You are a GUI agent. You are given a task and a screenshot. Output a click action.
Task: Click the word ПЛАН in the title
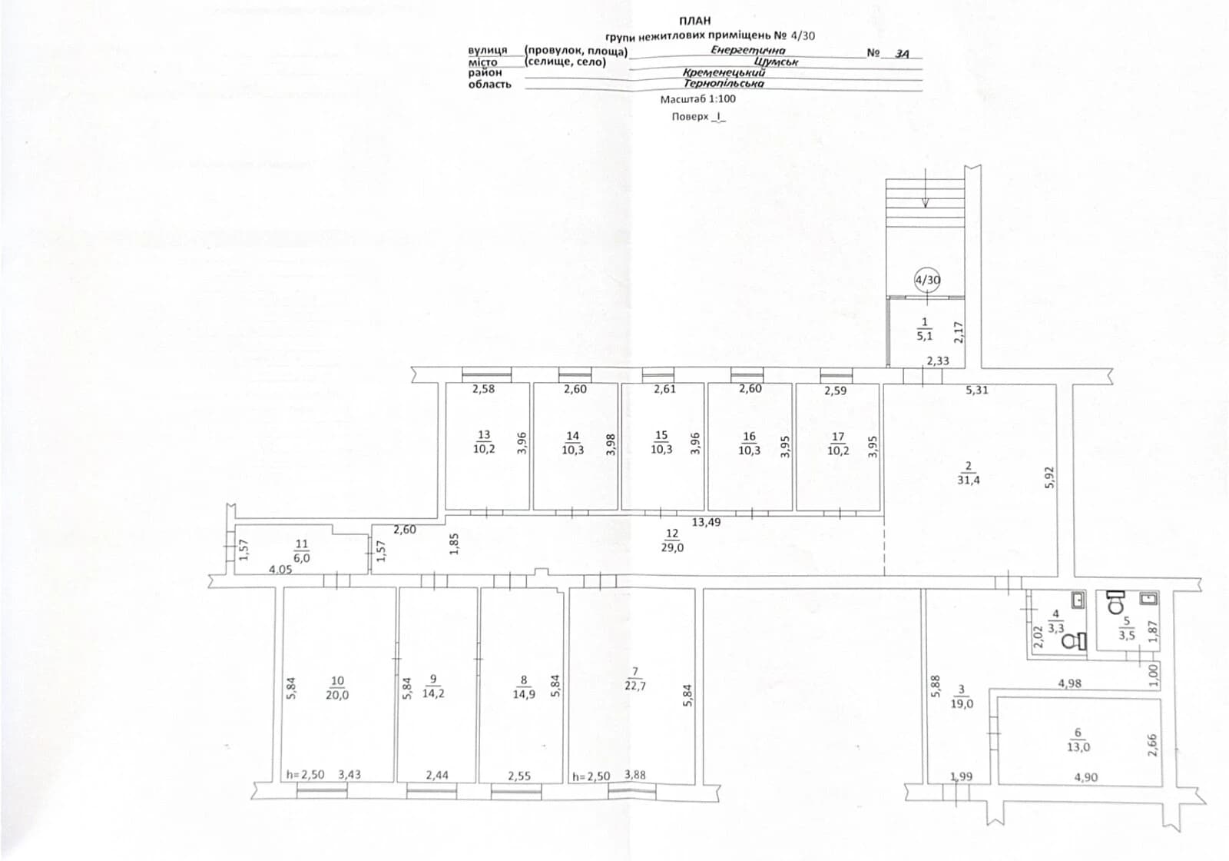pyautogui.click(x=694, y=20)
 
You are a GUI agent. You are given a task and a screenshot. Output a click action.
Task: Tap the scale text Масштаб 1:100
pyautogui.click(x=698, y=99)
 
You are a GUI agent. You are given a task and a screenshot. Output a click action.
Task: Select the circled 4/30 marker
pyautogui.click(x=927, y=280)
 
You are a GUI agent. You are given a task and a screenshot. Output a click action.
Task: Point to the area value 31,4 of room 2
pyautogui.click(x=969, y=480)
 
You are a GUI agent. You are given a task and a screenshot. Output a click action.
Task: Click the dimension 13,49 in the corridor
pyautogui.click(x=706, y=522)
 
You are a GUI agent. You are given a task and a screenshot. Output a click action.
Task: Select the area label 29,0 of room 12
pyautogui.click(x=672, y=547)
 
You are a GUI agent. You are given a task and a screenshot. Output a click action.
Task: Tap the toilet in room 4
pyautogui.click(x=1074, y=641)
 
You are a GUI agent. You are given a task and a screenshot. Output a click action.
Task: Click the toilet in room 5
pyautogui.click(x=1116, y=602)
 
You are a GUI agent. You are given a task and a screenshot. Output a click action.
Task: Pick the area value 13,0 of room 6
pyautogui.click(x=1078, y=746)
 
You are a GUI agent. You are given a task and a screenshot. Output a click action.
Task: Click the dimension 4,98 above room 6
pyautogui.click(x=1069, y=683)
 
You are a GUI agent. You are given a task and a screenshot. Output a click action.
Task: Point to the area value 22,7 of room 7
pyautogui.click(x=635, y=685)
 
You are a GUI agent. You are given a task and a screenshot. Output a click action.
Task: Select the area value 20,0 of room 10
pyautogui.click(x=337, y=695)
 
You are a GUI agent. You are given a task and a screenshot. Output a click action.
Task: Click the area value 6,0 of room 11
pyautogui.click(x=302, y=558)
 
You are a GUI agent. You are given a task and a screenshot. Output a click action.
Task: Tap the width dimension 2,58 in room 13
pyautogui.click(x=483, y=389)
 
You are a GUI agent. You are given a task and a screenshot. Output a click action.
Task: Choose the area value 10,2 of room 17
pyautogui.click(x=838, y=450)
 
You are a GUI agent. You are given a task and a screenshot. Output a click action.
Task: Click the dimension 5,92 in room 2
pyautogui.click(x=1049, y=477)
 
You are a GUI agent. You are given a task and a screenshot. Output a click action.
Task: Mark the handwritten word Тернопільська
pyautogui.click(x=724, y=84)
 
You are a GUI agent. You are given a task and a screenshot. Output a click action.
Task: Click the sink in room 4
pyautogui.click(x=1078, y=600)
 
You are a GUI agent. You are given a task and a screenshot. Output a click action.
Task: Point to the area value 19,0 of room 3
pyautogui.click(x=961, y=703)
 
